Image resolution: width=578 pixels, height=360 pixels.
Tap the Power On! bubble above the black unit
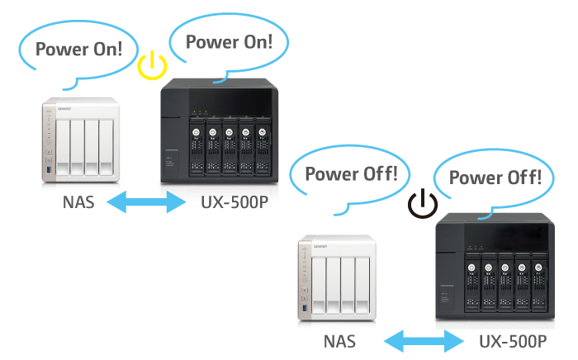(228, 41)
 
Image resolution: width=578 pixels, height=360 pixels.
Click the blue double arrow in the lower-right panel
(422, 339)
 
